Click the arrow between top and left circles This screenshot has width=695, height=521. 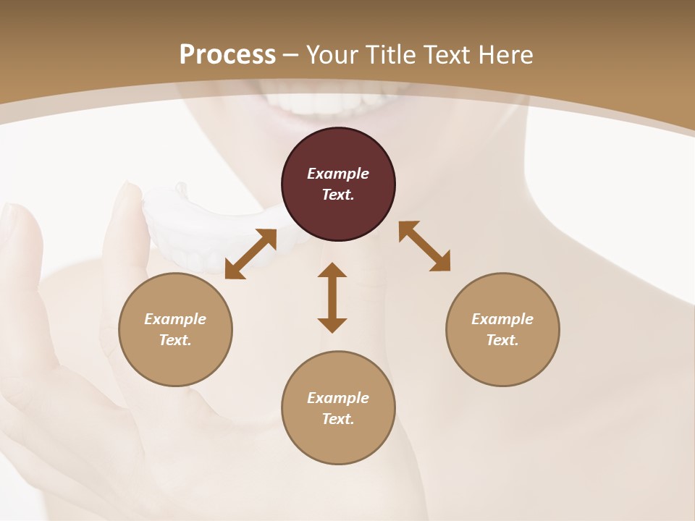click(250, 254)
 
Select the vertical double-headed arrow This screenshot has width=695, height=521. click(332, 297)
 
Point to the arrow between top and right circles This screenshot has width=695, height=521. click(424, 246)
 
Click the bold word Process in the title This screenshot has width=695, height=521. click(227, 55)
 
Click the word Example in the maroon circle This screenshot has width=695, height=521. click(338, 174)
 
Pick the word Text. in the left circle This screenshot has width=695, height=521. click(175, 340)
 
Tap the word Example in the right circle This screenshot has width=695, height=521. click(502, 319)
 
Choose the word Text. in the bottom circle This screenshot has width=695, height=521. click(338, 419)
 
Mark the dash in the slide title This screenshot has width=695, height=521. click(291, 55)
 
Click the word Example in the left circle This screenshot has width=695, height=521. click(175, 319)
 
